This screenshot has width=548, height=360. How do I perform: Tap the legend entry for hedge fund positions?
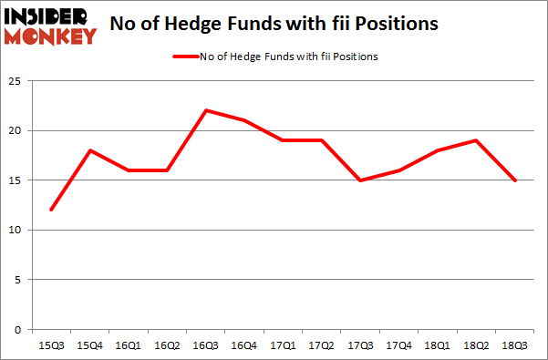[274, 57]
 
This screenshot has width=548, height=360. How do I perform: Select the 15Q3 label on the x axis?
[50, 346]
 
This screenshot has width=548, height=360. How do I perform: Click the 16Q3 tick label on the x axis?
[206, 346]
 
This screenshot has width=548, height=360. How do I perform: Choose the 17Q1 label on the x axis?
[283, 346]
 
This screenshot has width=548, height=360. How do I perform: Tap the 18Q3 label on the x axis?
[514, 346]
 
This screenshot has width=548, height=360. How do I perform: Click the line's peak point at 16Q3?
[206, 110]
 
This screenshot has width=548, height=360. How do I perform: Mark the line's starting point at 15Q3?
[52, 210]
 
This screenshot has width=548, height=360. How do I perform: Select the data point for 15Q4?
[90, 150]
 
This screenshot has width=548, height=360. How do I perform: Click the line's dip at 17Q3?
[360, 180]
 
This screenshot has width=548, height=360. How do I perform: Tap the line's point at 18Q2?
[476, 140]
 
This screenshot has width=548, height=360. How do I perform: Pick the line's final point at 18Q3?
[514, 180]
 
